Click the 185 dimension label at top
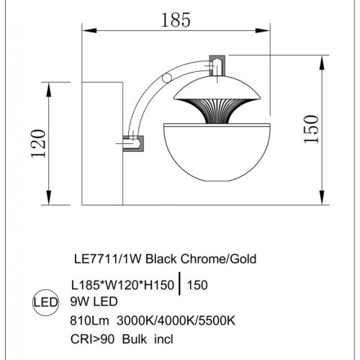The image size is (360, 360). point(176,19)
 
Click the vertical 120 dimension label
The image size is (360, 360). point(38,143)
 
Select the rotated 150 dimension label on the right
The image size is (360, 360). point(311,130)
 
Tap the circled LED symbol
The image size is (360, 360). point(45,302)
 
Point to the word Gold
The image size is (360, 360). point(243,259)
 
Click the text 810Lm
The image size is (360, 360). point(89,320)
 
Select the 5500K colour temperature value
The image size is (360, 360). point(217,320)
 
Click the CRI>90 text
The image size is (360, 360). point(92,339)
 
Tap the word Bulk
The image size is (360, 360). point(135,339)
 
